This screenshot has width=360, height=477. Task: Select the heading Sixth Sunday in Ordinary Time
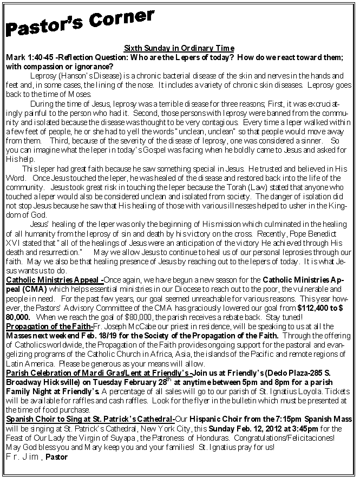point(179,48)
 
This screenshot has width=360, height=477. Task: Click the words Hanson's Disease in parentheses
point(80,75)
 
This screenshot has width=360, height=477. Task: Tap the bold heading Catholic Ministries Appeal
point(53,280)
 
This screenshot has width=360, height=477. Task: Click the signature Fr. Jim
point(22,457)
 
